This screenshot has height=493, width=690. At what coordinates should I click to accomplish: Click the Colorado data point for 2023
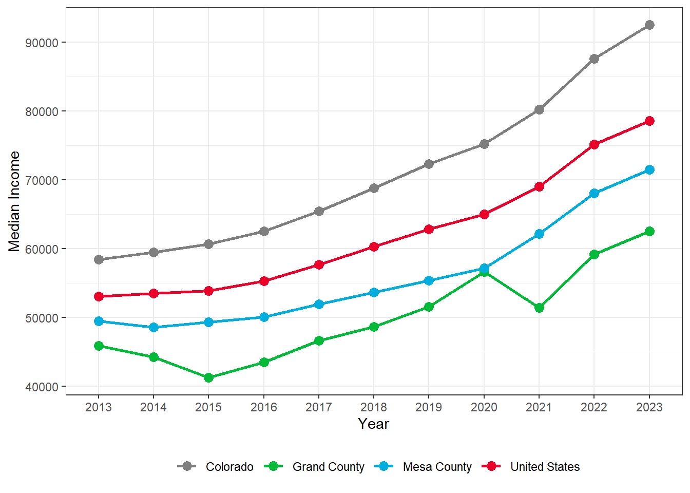click(649, 25)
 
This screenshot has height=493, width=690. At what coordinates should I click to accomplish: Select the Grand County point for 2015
click(208, 377)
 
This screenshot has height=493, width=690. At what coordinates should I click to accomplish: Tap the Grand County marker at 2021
click(539, 308)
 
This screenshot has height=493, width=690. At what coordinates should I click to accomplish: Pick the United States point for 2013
click(99, 296)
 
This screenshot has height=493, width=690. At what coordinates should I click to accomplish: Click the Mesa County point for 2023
click(649, 169)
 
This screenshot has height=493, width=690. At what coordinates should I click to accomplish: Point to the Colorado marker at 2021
click(539, 109)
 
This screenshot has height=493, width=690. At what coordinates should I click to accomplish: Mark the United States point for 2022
click(594, 144)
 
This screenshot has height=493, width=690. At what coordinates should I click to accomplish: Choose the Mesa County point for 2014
click(154, 327)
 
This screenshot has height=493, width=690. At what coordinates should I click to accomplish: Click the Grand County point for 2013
click(99, 346)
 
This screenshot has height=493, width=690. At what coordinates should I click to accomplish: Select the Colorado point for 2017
click(319, 211)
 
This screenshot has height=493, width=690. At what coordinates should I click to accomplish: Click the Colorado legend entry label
click(229, 467)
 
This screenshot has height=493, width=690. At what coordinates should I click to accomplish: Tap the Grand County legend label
click(328, 467)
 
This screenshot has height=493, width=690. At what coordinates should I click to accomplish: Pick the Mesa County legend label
click(437, 467)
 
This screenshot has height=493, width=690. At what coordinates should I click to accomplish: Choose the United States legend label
click(545, 467)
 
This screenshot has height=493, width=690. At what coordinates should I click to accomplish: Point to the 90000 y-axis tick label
click(42, 43)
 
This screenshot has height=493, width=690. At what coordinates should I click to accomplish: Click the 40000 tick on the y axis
click(42, 387)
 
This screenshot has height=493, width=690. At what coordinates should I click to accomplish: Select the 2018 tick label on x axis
click(374, 407)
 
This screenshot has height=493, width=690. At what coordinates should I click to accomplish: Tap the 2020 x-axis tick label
click(484, 407)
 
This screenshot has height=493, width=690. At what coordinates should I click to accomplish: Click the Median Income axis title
click(14, 201)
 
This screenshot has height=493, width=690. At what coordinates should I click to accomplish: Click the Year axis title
click(374, 424)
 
